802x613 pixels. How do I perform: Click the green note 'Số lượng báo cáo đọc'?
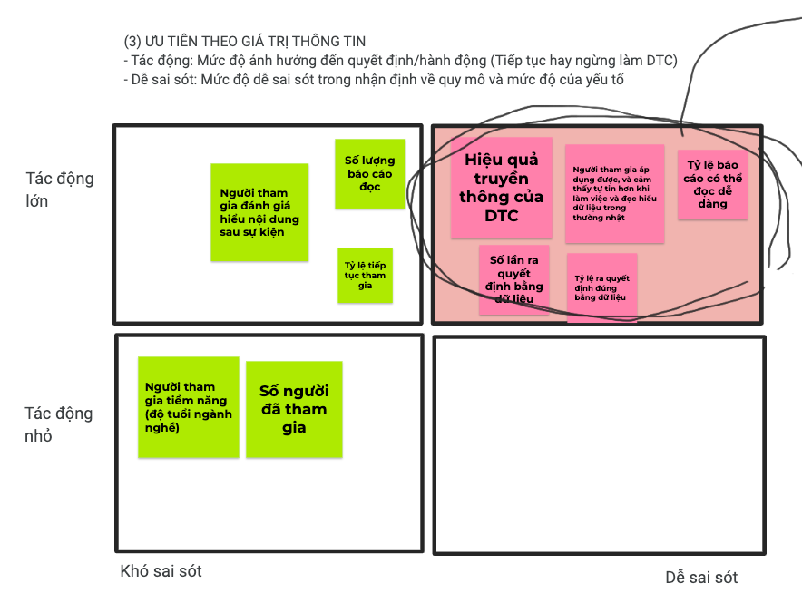point(369,173)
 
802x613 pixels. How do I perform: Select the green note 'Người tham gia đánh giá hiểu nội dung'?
point(259,212)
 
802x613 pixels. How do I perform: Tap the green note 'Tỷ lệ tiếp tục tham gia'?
point(365,275)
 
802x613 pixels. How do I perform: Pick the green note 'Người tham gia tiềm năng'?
point(188,407)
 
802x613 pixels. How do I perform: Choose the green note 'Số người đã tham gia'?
point(294,409)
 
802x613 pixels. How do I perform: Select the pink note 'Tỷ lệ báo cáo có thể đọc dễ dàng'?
point(713,185)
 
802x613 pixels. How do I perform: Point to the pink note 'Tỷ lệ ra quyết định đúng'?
point(601,287)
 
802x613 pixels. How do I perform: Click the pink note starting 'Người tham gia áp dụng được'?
point(614,194)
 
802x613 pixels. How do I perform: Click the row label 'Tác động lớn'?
point(59,190)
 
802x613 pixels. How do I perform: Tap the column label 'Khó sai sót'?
point(161,571)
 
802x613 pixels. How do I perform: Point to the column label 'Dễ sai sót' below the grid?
point(701,578)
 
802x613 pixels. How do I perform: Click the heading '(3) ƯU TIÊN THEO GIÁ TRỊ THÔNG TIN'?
point(245,42)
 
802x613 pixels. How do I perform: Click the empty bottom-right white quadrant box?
point(599,444)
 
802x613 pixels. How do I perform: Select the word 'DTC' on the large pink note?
point(502,216)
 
